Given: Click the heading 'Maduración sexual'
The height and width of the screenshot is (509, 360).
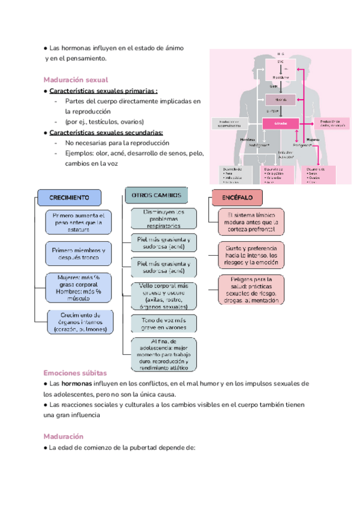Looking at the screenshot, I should point(76,79).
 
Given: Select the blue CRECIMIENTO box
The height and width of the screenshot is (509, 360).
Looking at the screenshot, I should point(70,197).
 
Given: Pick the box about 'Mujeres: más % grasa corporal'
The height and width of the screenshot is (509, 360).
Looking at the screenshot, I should point(79,286).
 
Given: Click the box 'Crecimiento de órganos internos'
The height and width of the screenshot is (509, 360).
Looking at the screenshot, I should point(80,322).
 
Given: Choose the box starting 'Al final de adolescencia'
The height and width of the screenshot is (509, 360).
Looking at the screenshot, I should point(163,354).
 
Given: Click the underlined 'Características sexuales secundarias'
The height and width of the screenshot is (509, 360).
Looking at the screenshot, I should point(106,133).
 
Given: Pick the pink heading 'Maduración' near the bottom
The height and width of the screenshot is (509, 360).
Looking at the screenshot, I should point(64,436).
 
